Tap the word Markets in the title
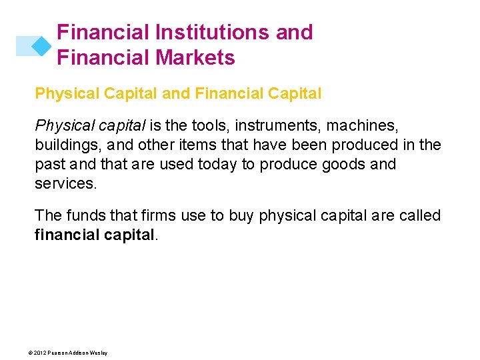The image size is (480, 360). (197, 58)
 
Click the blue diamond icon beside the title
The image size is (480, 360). (41, 45)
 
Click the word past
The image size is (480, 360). (49, 164)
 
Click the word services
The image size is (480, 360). (65, 183)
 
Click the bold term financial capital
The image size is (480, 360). (94, 235)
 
